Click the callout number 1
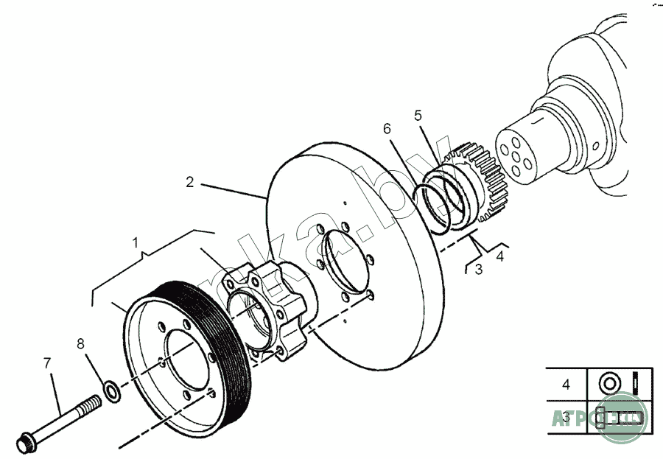point(135,242)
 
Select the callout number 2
point(189,181)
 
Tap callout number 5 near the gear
point(418,115)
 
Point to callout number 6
point(387,129)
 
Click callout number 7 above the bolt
point(47,362)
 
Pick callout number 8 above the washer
point(80,343)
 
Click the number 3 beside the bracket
point(478,270)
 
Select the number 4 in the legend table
point(566,385)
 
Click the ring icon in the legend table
point(609,383)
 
